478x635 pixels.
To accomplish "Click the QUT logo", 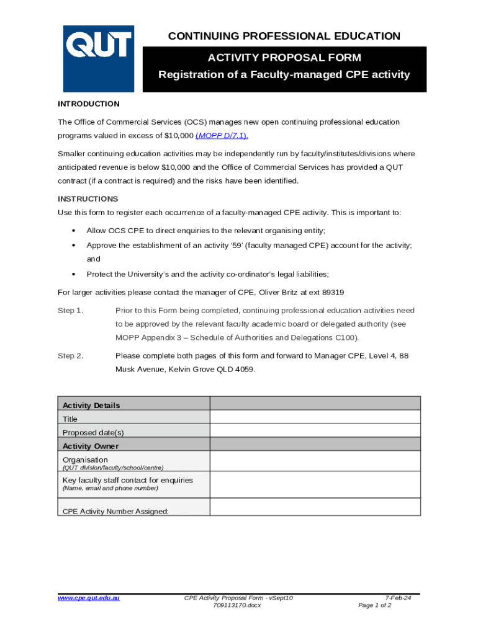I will (x=98, y=58).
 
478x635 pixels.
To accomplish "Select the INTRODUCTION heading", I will (x=89, y=104).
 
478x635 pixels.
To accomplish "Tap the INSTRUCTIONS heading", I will (x=88, y=199).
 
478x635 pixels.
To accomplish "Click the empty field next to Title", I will (x=315, y=417).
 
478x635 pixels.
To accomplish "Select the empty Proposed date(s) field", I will (x=315, y=431).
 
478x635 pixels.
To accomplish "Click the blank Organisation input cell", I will (x=315, y=461).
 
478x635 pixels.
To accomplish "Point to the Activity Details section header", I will (x=91, y=405).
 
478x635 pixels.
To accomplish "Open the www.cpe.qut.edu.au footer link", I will (x=89, y=598).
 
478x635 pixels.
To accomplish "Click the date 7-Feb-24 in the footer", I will (x=399, y=598).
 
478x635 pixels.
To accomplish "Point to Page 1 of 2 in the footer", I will (x=374, y=605).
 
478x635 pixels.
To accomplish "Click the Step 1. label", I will (x=70, y=310).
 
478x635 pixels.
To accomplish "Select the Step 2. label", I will (x=70, y=356).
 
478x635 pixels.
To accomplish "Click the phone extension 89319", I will (x=333, y=292).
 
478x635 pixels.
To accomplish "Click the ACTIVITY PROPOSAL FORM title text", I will (x=284, y=58).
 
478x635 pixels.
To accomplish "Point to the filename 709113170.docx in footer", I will (x=237, y=605).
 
